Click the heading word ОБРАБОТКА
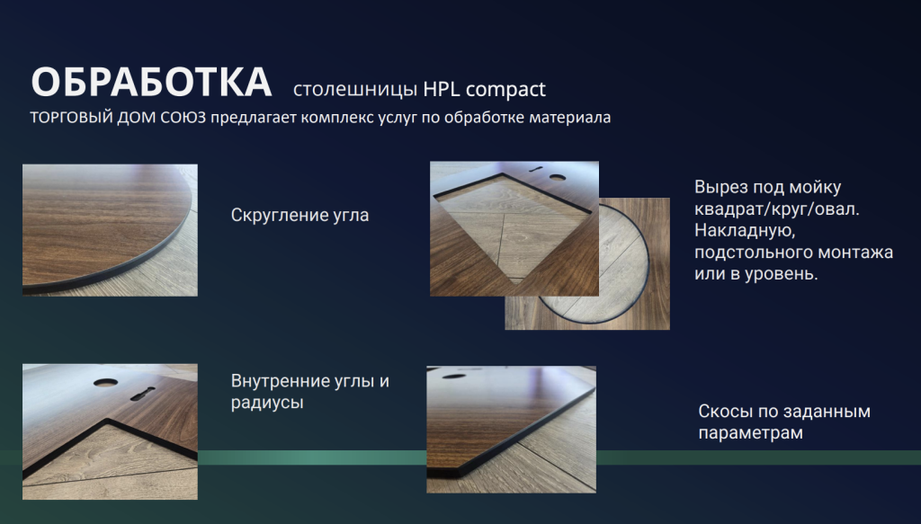(151, 82)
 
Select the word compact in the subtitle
(505, 90)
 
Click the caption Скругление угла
(300, 216)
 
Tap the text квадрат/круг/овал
(776, 209)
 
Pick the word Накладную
(745, 231)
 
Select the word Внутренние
(281, 381)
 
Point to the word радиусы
(267, 404)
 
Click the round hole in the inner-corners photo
(105, 382)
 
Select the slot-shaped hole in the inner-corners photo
(143, 394)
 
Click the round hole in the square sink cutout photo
(558, 177)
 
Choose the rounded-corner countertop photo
(110, 230)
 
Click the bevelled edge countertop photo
(511, 430)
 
